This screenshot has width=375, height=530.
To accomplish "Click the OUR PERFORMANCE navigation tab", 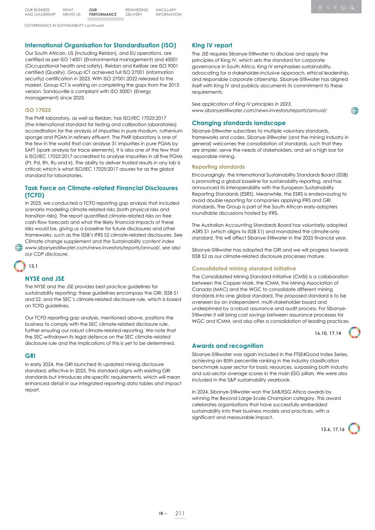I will (102, 12).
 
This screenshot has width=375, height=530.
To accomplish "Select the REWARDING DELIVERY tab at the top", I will (136, 12).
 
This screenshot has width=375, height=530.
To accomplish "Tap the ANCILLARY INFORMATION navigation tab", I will (168, 12).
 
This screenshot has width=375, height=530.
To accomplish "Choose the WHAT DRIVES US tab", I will (71, 12).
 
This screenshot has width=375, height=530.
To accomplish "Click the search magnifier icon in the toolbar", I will (352, 8).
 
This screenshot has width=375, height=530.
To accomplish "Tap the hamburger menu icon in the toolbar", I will (320, 8).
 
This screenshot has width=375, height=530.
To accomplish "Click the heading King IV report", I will (212, 45).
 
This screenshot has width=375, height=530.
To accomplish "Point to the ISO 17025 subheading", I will (38, 110).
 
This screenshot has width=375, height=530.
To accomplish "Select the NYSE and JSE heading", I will (45, 279).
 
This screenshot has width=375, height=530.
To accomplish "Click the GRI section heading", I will (30, 356).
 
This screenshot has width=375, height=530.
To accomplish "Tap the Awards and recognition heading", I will (227, 346).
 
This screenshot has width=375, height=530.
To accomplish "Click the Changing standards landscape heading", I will (239, 123).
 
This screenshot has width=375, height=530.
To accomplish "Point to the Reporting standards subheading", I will (218, 167).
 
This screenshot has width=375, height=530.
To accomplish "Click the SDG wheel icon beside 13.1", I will (19, 266).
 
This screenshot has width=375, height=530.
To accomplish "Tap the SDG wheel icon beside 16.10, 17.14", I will (354, 333).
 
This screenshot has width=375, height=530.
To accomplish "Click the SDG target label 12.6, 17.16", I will (332, 429).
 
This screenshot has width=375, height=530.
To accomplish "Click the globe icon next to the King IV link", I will (354, 111).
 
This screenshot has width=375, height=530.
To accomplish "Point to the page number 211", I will (180, 513).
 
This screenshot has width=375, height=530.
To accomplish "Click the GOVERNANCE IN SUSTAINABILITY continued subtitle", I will (64, 26).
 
